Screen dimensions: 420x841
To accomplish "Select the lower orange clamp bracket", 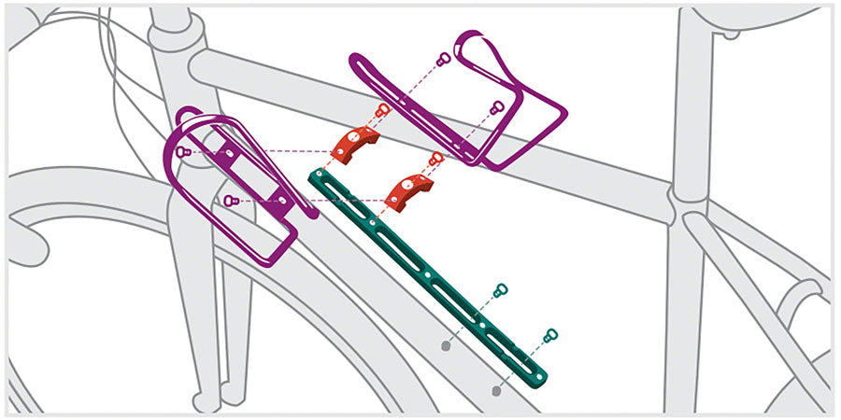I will [406, 189].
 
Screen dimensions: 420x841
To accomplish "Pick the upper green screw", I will [501, 290].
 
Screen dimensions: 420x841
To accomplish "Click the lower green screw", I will [550, 334].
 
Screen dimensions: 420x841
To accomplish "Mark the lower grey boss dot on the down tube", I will [496, 390].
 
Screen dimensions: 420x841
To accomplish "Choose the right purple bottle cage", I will [467, 103].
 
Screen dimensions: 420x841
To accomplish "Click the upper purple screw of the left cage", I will [184, 151].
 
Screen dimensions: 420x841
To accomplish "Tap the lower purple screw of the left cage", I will [230, 200].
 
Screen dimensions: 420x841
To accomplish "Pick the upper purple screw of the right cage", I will [444, 59].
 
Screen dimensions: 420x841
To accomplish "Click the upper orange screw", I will [381, 111].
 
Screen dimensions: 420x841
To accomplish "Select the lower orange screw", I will [435, 158].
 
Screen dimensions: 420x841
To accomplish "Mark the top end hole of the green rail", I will [320, 175].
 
